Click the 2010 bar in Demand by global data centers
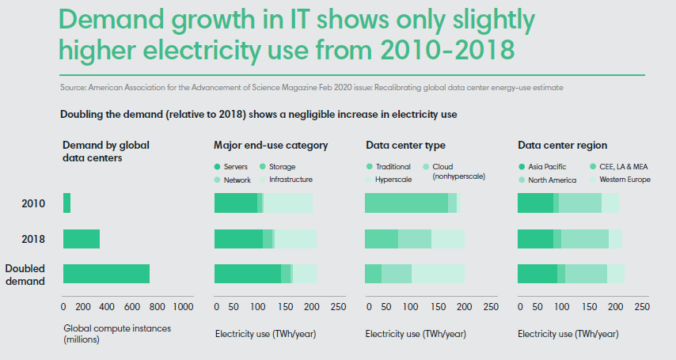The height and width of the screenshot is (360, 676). (66, 203)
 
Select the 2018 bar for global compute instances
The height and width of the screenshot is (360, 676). (82, 239)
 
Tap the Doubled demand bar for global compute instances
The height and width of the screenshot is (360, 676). (106, 274)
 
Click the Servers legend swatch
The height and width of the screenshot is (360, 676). (218, 167)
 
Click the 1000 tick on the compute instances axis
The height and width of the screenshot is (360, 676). (182, 306)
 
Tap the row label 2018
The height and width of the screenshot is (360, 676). (32, 239)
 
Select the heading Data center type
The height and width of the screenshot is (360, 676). (405, 146)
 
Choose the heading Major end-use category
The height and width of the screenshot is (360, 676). (271, 146)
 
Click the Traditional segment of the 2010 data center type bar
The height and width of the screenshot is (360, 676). (406, 203)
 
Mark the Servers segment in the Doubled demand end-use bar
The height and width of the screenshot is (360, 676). (247, 274)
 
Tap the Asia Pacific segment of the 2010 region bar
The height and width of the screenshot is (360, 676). (535, 203)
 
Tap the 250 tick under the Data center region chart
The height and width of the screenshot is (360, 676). (642, 306)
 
